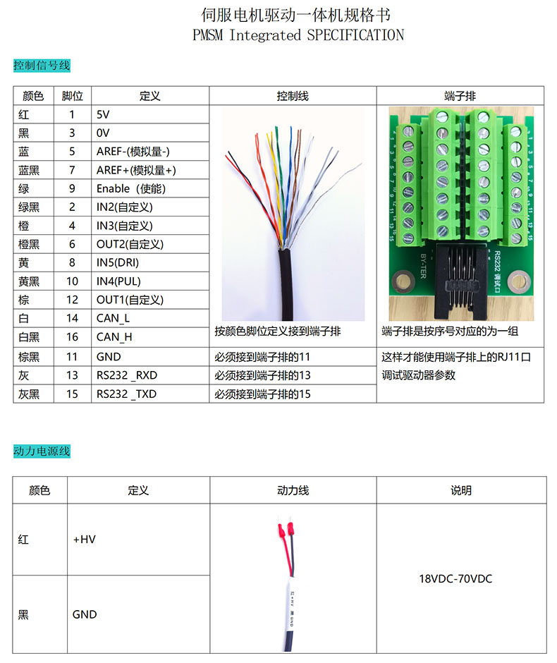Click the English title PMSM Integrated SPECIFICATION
point(298,35)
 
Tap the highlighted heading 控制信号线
point(42,66)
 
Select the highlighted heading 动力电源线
point(42,451)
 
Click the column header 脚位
point(72,96)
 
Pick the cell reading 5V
point(103,114)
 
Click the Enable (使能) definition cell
point(130,188)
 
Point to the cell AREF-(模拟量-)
point(133,152)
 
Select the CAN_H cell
point(114,337)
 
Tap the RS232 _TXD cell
point(126,394)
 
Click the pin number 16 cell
point(72,337)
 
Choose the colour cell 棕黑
point(29,357)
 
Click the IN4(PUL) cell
point(118,281)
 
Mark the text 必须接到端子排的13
point(262,375)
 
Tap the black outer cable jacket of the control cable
point(286,284)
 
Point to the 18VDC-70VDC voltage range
point(455,578)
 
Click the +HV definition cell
point(84,540)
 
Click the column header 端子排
point(460,96)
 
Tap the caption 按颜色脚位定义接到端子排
point(277,331)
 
